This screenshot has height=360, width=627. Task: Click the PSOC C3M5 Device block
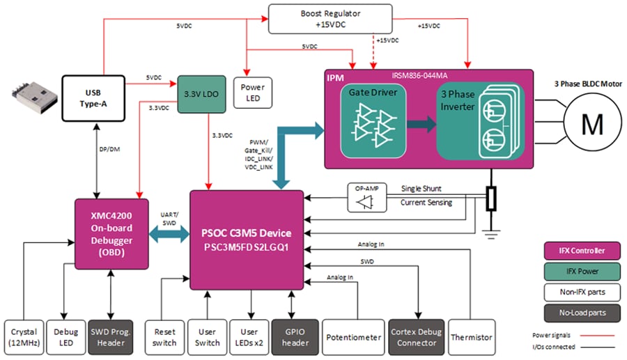click(246, 240)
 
